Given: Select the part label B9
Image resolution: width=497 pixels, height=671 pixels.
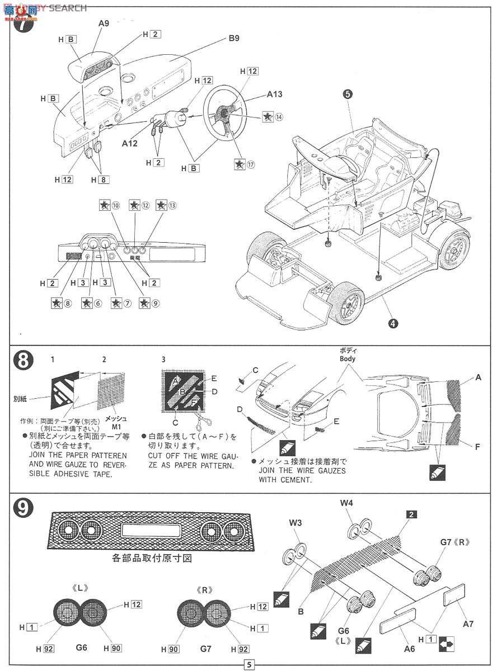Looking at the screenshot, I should tap(233, 39).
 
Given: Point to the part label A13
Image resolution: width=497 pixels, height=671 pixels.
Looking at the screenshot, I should tap(274, 94).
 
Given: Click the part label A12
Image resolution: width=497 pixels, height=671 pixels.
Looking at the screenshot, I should tap(129, 143).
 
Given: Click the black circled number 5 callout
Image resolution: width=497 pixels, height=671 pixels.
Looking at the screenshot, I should tap(348, 94).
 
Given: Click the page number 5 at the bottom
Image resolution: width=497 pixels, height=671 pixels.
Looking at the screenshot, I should tap(248, 664).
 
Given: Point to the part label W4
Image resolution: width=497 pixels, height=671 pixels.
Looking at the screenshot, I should tap(346, 503).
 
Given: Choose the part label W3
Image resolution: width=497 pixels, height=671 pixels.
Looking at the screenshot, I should tap(296, 523).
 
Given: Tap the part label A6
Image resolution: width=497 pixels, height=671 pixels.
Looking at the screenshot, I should tap(410, 649).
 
